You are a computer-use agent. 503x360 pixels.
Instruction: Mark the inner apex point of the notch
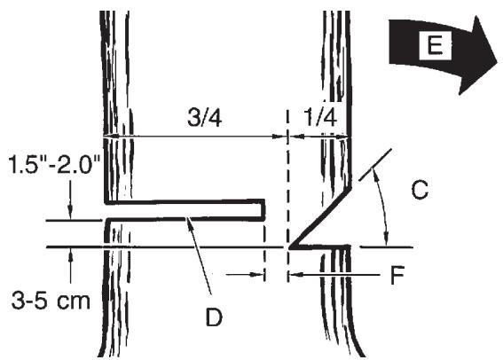[290, 247]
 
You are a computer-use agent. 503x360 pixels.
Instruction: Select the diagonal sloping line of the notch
[324, 215]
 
